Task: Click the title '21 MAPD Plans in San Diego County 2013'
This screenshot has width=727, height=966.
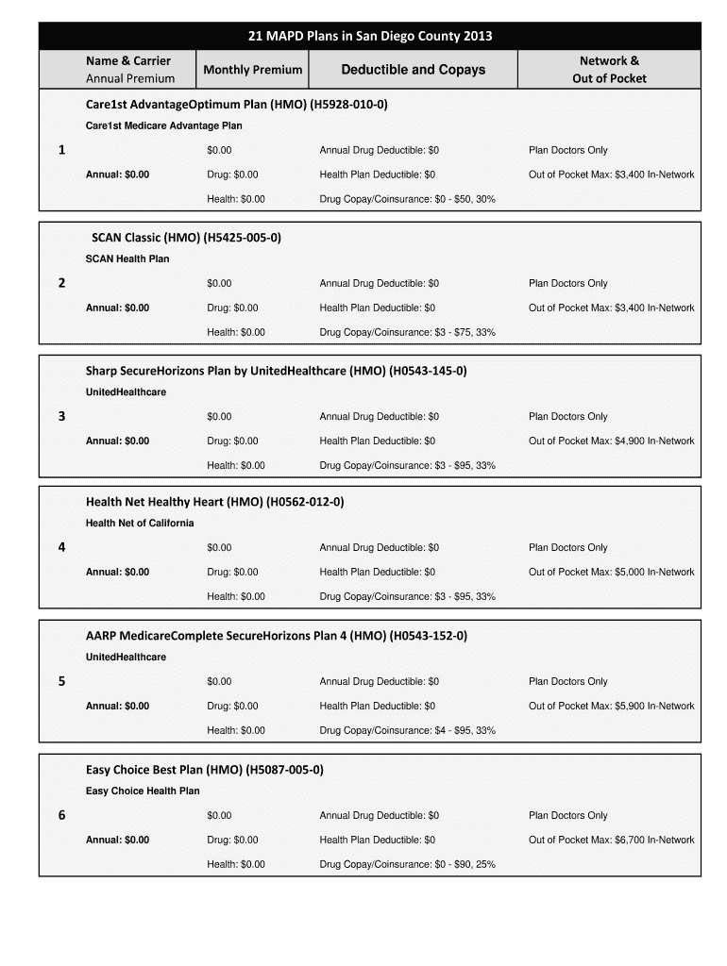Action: (369, 37)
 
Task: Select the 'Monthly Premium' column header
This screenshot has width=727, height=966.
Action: (252, 70)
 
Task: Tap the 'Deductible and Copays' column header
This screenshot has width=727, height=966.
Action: (413, 70)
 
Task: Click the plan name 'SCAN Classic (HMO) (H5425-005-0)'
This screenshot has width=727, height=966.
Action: (186, 238)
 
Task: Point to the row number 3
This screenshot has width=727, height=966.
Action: (61, 417)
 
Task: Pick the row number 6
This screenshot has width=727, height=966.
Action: (61, 816)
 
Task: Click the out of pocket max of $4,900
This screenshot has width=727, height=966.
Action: (611, 441)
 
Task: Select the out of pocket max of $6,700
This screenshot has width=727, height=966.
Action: (611, 840)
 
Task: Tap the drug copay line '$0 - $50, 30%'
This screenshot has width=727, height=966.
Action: (407, 199)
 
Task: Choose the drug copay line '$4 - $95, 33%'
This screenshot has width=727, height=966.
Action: (407, 730)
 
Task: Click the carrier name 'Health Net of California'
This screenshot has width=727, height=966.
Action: (140, 524)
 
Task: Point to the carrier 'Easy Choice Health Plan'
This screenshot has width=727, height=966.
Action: (143, 791)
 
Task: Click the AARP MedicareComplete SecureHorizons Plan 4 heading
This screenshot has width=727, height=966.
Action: (276, 636)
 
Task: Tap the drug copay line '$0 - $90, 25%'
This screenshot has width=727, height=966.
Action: (407, 864)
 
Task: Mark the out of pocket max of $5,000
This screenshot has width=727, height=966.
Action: (611, 572)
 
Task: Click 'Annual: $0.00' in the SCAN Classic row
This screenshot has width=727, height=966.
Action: (117, 308)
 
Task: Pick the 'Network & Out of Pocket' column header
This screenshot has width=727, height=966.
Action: (609, 70)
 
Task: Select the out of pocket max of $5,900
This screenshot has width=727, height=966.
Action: (611, 706)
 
